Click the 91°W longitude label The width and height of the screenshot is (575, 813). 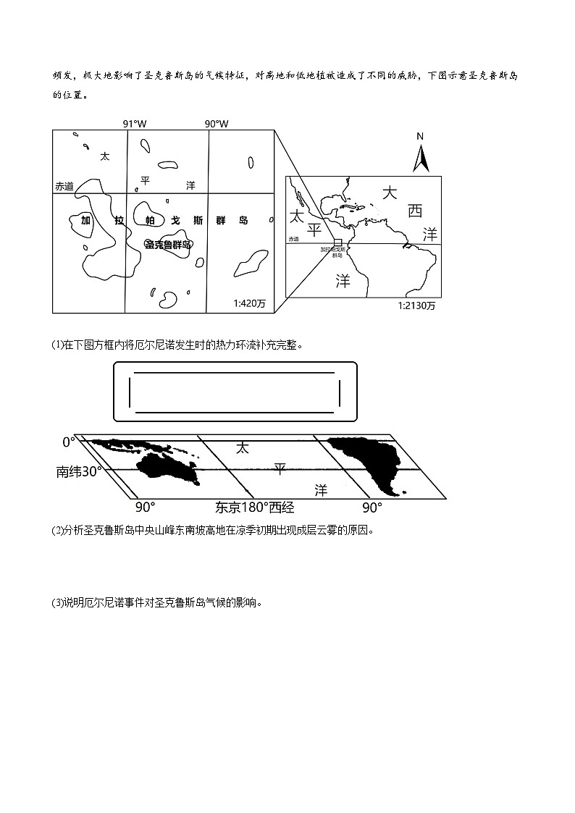click(x=134, y=124)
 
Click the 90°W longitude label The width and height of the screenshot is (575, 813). click(x=216, y=124)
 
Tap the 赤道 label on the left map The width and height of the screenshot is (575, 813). click(x=64, y=186)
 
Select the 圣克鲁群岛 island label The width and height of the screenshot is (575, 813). click(x=168, y=245)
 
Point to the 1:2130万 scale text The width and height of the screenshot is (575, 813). click(x=416, y=306)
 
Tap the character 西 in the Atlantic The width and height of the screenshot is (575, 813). click(x=414, y=211)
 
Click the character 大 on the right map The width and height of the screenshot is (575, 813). click(x=390, y=193)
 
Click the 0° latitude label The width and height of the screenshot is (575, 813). click(x=69, y=442)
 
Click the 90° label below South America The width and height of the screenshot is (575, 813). click(x=372, y=507)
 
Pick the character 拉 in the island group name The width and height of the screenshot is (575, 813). click(x=118, y=220)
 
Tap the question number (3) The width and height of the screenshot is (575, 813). click(x=57, y=602)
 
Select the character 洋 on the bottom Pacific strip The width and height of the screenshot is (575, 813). click(x=321, y=490)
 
